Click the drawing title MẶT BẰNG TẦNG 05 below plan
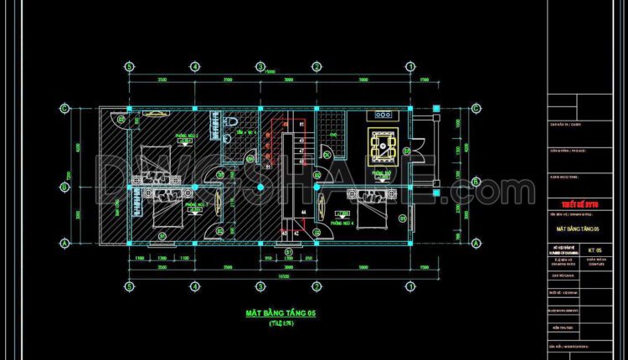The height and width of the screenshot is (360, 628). (x=270, y=313)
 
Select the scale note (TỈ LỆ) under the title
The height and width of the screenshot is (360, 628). (x=270, y=322)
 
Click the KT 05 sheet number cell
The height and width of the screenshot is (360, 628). (x=595, y=249)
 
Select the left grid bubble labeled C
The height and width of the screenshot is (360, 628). (x=64, y=108)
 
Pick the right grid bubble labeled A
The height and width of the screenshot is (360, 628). (x=476, y=241)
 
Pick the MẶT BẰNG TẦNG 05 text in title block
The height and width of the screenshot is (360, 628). (x=579, y=227)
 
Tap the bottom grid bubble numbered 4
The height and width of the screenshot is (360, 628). (x=194, y=285)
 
